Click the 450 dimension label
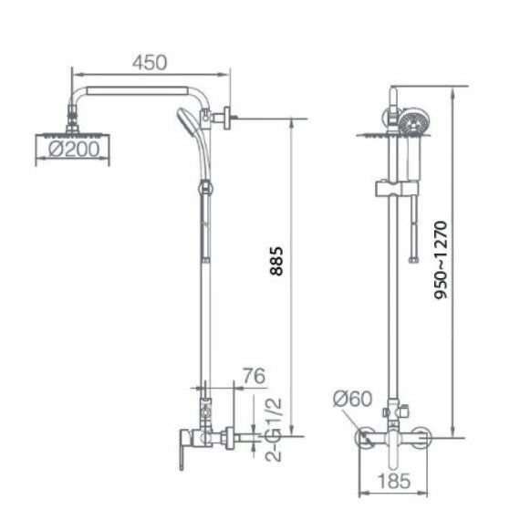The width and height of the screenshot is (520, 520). pos(150,62)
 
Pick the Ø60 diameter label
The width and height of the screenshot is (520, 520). pos(351,398)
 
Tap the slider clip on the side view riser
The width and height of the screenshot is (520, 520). pos(206,188)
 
